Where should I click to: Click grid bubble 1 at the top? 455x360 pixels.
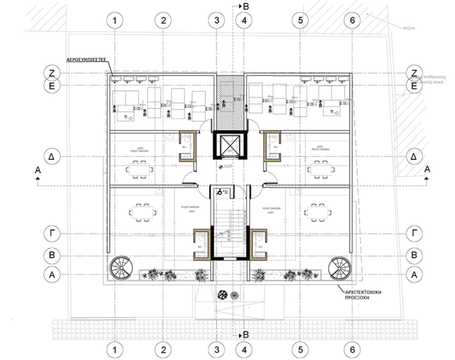[x=116, y=20]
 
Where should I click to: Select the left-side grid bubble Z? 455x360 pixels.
[x=53, y=73]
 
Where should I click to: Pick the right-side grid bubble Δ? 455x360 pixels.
[x=414, y=157]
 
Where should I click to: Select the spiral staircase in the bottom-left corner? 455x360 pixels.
[x=119, y=268]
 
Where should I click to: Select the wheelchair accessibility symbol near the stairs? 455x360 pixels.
[x=219, y=192]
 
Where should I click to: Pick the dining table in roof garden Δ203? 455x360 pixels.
[x=139, y=169]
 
